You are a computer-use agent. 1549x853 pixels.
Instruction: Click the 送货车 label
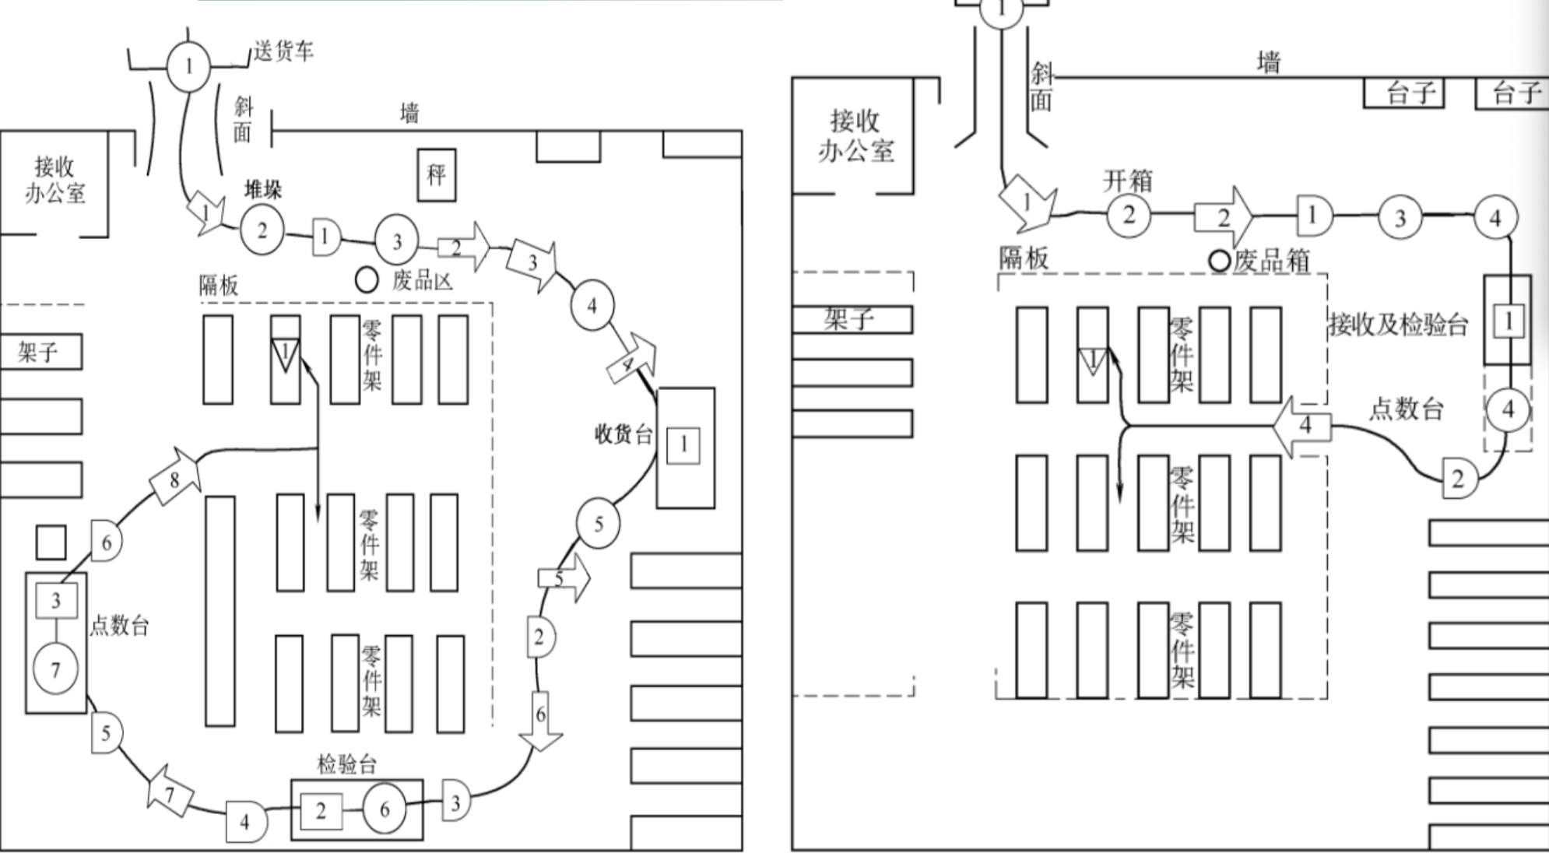(x=283, y=52)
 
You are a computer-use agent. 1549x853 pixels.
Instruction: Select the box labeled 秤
(x=436, y=174)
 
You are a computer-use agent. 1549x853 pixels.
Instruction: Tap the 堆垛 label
(x=263, y=189)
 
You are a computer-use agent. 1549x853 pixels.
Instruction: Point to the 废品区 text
(x=423, y=280)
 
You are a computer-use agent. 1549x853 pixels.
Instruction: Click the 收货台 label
(x=623, y=434)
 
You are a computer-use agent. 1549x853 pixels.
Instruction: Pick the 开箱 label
(x=1127, y=181)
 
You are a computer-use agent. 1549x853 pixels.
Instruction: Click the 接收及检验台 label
(x=1398, y=324)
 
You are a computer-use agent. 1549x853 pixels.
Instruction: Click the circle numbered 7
(x=55, y=669)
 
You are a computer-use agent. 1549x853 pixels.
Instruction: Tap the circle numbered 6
(x=385, y=809)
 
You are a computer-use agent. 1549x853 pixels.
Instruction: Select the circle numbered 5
(x=598, y=524)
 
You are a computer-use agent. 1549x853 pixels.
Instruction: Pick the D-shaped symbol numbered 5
(x=105, y=733)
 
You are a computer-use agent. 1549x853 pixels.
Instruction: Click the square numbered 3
(x=56, y=601)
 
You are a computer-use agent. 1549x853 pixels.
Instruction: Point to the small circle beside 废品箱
(x=1220, y=261)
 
